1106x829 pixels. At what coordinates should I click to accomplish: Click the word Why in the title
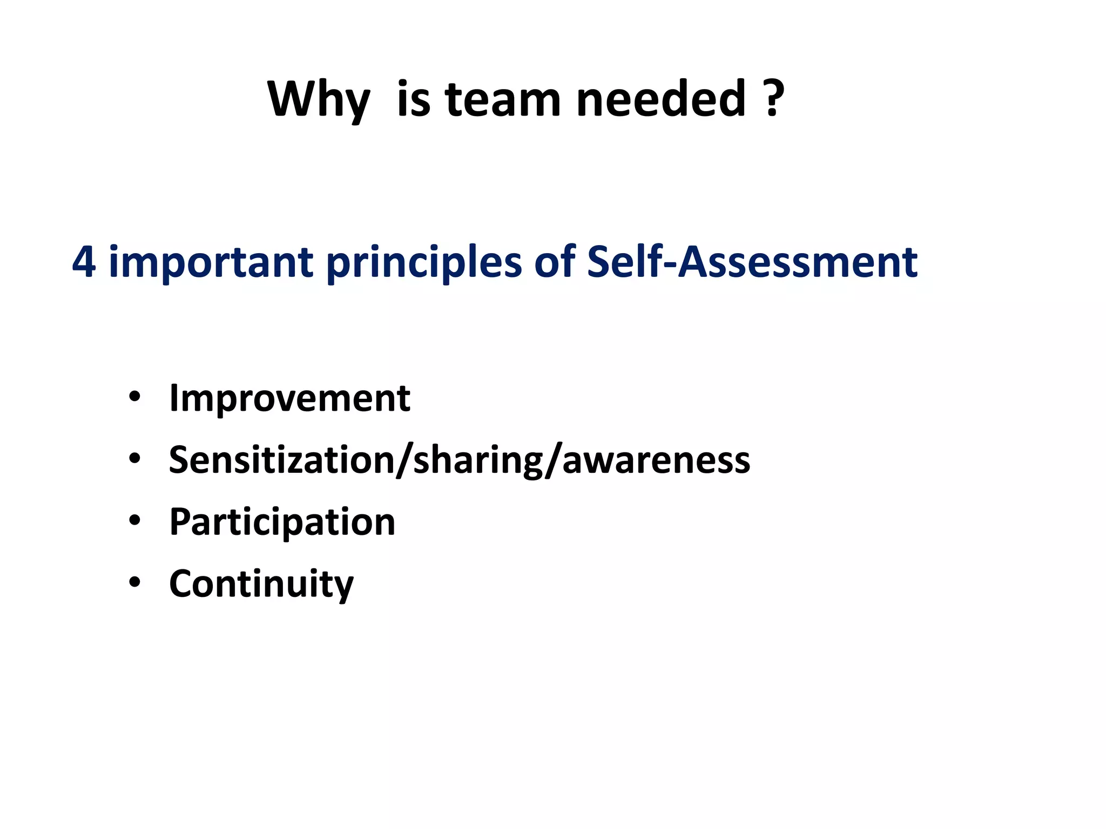(x=319, y=100)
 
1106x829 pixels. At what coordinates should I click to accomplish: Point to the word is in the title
(x=414, y=99)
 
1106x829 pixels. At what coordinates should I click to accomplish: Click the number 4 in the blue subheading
(x=84, y=262)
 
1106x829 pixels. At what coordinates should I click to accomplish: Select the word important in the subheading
(x=211, y=262)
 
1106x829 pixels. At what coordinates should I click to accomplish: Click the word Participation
(x=282, y=522)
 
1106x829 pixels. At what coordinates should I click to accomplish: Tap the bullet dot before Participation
(x=134, y=521)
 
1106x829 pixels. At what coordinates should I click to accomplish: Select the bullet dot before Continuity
(x=134, y=582)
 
